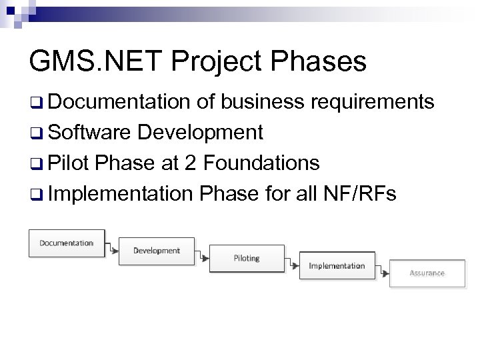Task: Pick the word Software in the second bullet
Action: (x=89, y=132)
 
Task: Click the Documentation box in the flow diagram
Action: (x=66, y=243)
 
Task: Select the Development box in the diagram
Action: (x=157, y=251)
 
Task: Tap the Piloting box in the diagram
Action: (x=247, y=258)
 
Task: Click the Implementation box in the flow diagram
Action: (x=337, y=265)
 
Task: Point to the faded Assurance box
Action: (x=427, y=273)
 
